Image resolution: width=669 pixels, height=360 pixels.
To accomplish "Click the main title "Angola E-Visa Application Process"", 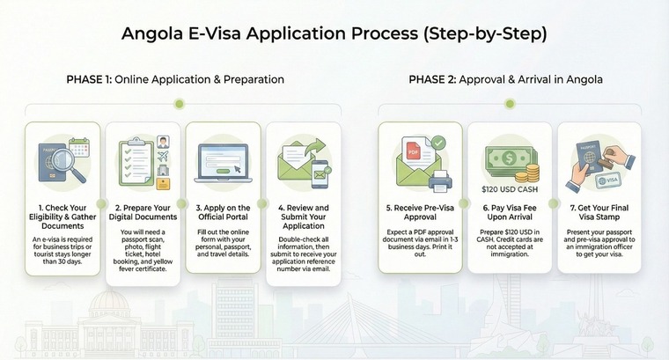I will pyautogui.click(x=334, y=34).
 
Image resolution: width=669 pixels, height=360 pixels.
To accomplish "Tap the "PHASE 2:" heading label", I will pyautogui.click(x=431, y=79).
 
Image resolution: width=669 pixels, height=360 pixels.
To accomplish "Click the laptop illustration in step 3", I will pyautogui.click(x=223, y=164).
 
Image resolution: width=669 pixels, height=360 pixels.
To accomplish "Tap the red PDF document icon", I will pyautogui.click(x=411, y=152).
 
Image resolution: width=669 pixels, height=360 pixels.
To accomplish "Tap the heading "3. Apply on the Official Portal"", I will pyautogui.click(x=222, y=211).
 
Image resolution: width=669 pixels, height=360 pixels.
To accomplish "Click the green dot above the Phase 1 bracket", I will pyautogui.click(x=180, y=104).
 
